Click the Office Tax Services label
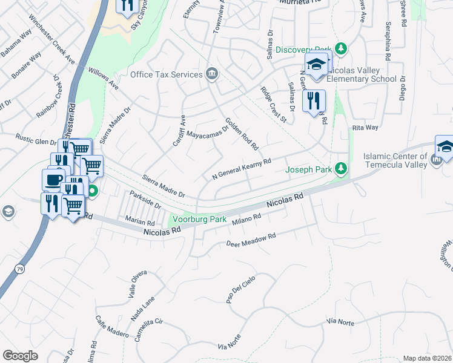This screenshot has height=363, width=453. coord(166,74)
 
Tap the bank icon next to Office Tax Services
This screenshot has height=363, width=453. coord(212,74)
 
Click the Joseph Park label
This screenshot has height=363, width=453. coord(308,170)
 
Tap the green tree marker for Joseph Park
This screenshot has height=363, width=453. coord(342,169)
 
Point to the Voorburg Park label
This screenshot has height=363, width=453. coord(199,219)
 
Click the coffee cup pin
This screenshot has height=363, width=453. coord(53,180)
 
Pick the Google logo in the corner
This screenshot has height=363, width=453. coord(20,356)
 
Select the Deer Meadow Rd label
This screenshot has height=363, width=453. coord(251,240)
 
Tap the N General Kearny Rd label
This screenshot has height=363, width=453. coord(241,169)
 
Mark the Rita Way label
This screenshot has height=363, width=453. coord(365,128)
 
